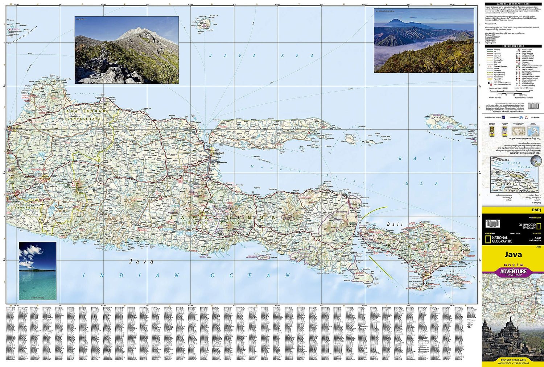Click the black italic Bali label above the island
click(x=395, y=224)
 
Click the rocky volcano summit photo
click(x=127, y=50)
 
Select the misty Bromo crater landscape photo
click(x=424, y=41)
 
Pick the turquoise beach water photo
click(x=38, y=271)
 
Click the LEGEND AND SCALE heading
click(x=513, y=46)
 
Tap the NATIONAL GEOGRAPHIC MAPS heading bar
click(x=513, y=4)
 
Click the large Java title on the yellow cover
click(x=513, y=254)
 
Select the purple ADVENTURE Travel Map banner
click(x=513, y=272)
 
